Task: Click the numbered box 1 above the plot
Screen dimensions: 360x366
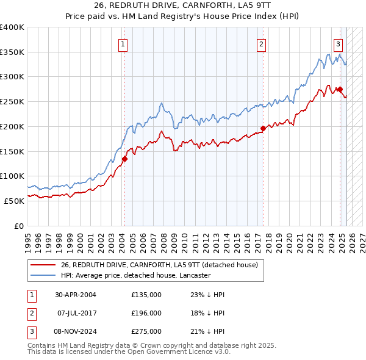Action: [124, 44]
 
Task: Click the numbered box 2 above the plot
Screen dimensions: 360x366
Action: [261, 44]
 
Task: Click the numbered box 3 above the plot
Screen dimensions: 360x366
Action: [337, 44]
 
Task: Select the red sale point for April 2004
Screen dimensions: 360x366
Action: [124, 159]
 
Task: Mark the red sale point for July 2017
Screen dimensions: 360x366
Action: [263, 128]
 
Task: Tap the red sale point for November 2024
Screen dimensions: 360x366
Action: [340, 89]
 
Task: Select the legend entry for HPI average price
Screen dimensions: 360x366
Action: [135, 276]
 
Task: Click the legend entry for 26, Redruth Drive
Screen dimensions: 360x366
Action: [160, 265]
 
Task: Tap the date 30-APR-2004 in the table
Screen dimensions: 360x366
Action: [76, 295]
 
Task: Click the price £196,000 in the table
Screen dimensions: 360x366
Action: [146, 313]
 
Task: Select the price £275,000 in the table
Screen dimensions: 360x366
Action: [146, 331]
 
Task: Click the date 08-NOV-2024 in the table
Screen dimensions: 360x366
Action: [76, 331]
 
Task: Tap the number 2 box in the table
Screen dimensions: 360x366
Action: [31, 313]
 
